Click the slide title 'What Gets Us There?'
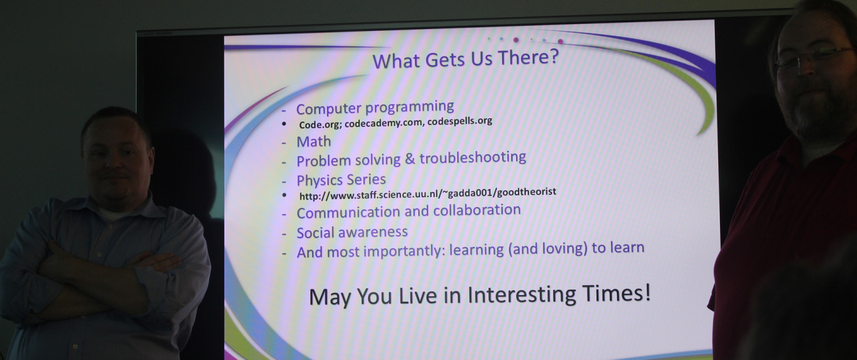(466, 59)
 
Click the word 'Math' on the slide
(314, 142)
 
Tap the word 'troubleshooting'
(473, 157)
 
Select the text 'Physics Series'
(341, 180)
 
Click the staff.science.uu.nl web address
(428, 194)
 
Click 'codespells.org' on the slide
(459, 121)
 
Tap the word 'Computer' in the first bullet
(329, 109)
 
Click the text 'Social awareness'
(352, 232)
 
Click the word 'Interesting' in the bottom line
(522, 295)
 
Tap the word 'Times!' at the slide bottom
(616, 294)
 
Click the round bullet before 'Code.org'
(284, 123)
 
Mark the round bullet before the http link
(284, 195)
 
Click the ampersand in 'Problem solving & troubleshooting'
(410, 159)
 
